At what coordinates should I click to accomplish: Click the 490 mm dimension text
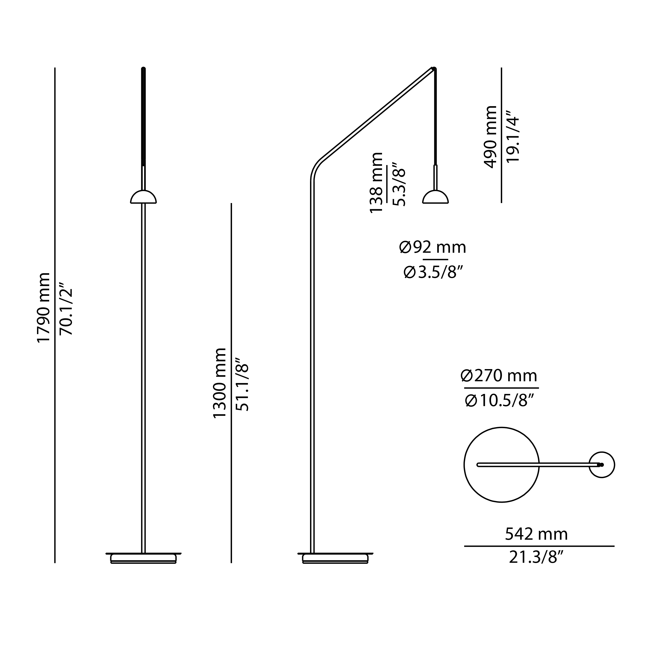490,137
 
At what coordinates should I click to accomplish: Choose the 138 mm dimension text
377,183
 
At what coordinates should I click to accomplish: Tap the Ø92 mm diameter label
433,248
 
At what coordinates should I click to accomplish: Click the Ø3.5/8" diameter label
433,272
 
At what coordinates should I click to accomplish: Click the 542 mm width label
536,534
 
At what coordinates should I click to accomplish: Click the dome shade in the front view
143,198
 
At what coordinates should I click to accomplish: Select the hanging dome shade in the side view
435,198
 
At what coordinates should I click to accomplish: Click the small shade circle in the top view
602,465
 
